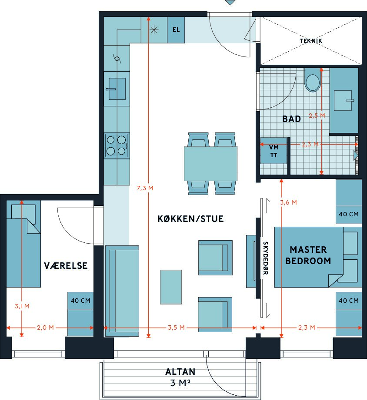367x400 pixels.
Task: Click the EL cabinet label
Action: pyautogui.click(x=176, y=30)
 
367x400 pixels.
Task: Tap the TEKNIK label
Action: pyautogui.click(x=311, y=41)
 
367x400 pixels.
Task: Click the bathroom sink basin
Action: pyautogui.click(x=343, y=100)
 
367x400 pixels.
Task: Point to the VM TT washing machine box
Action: pyautogui.click(x=274, y=151)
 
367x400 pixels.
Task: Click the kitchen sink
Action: pyautogui.click(x=117, y=89)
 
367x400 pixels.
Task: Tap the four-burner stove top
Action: pyautogui.click(x=117, y=145)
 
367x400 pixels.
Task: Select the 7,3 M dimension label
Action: pyautogui.click(x=145, y=188)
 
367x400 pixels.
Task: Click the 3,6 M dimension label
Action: pyautogui.click(x=288, y=202)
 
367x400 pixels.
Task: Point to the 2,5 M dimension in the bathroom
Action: pyautogui.click(x=317, y=116)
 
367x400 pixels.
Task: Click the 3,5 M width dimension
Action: pyautogui.click(x=176, y=327)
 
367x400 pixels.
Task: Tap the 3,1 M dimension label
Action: pyautogui.click(x=22, y=306)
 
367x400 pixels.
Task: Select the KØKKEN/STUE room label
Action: pyautogui.click(x=190, y=219)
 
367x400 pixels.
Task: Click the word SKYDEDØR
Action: pyautogui.click(x=266, y=258)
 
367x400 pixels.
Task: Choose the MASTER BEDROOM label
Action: pyautogui.click(x=308, y=255)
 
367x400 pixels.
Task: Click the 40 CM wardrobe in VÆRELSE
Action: pyautogui.click(x=80, y=314)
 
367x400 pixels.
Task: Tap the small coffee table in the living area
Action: pyautogui.click(x=171, y=287)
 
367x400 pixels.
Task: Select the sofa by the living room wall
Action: pyautogui.click(x=122, y=291)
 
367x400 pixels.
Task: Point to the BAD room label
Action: pyautogui.click(x=291, y=119)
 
